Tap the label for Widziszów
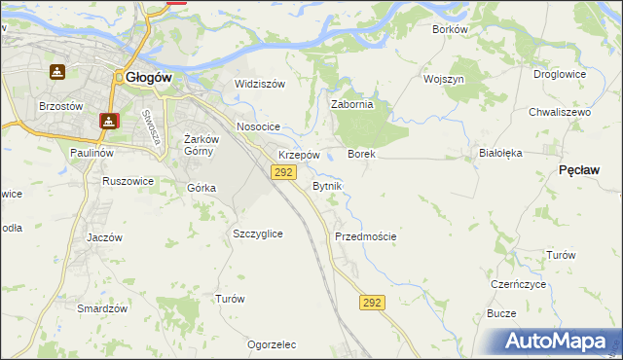point(260,84)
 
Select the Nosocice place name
point(258,127)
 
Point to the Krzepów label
point(299,156)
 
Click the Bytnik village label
point(326,186)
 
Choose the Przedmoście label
point(365,236)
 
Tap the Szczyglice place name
point(258,234)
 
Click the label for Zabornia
point(352,104)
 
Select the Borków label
point(451,29)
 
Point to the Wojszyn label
point(443,78)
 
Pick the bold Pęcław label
point(579,170)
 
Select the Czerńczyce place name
point(518,284)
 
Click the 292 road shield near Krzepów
point(282,172)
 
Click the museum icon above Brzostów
point(57,72)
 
